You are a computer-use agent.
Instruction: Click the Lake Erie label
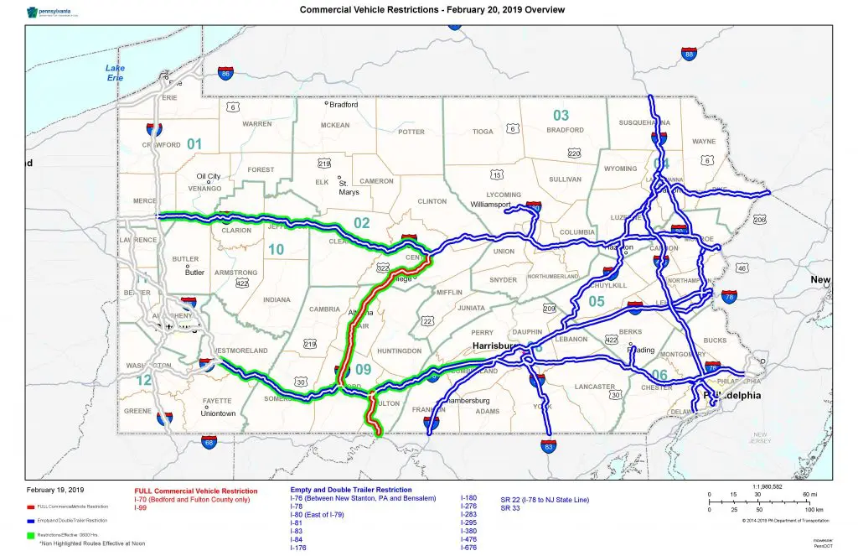click(x=115, y=72)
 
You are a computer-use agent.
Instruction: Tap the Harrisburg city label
click(x=491, y=345)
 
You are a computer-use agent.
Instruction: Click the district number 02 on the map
click(x=361, y=223)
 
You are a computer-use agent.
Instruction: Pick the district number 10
click(x=276, y=249)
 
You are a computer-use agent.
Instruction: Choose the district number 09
click(x=362, y=368)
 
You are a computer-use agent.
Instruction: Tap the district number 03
click(x=561, y=115)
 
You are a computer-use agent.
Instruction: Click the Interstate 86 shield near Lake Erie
click(x=225, y=74)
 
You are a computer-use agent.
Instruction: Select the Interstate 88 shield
click(x=689, y=55)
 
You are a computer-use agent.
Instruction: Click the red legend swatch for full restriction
click(x=30, y=507)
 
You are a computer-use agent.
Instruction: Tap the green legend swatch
click(x=30, y=534)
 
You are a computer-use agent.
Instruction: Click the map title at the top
click(x=432, y=10)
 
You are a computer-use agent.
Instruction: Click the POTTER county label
click(x=411, y=132)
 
